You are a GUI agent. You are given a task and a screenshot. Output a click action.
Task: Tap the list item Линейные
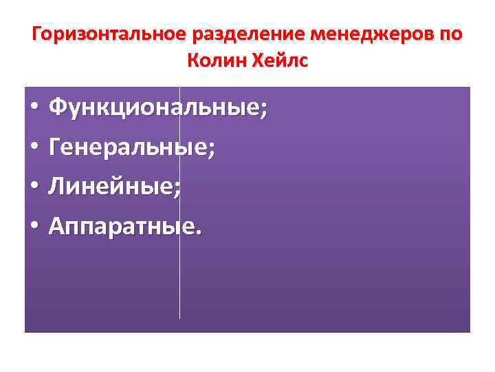point(112,185)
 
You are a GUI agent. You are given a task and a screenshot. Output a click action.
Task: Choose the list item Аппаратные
point(123,225)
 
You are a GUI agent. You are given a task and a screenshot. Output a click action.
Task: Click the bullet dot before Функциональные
point(34,108)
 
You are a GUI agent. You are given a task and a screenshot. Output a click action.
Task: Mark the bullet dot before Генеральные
point(34,147)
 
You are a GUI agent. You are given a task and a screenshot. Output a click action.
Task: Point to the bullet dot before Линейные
point(34,187)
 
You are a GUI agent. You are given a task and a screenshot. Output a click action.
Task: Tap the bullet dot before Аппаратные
point(34,227)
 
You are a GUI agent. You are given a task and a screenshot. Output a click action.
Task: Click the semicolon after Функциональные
point(264,112)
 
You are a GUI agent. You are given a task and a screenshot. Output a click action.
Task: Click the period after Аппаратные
point(199,231)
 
